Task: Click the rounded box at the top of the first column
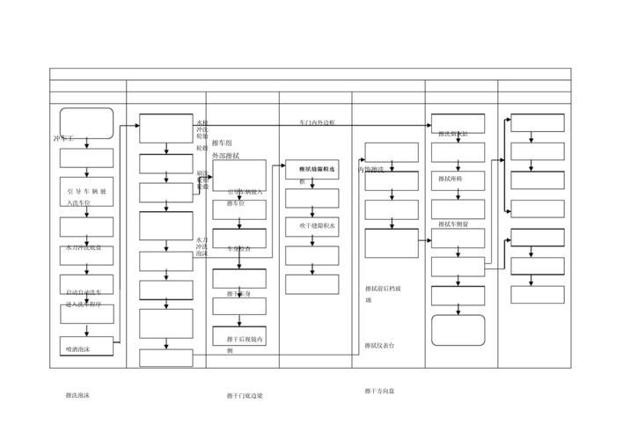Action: point(86,123)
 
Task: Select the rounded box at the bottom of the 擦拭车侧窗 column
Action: point(458,330)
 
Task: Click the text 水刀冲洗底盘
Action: point(84,248)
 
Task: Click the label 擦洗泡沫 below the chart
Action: point(77,395)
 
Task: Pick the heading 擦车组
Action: point(223,143)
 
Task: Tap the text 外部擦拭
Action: point(226,156)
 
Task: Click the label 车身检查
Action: point(238,249)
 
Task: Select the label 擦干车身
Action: point(238,294)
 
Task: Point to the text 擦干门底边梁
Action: point(245,396)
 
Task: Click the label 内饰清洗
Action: point(370,169)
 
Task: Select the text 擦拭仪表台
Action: point(380,346)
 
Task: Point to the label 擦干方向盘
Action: point(380,391)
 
